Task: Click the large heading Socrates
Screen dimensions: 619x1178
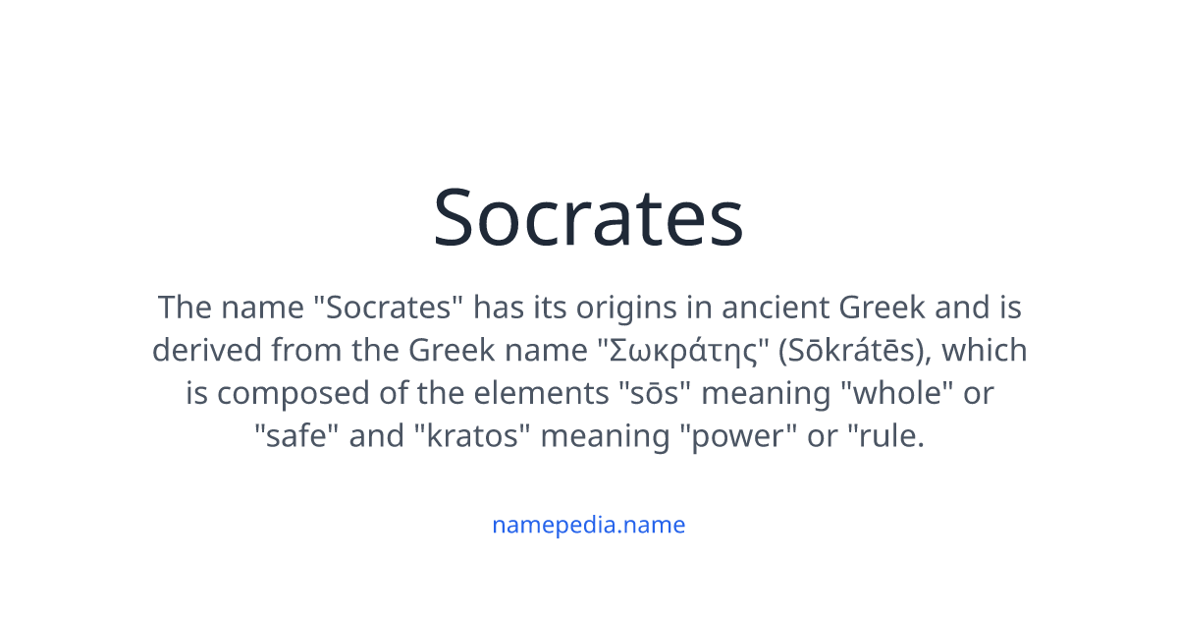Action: (588, 218)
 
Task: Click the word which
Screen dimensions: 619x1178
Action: (984, 351)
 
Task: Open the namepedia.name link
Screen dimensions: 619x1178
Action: (588, 525)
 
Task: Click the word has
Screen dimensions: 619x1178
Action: (495, 308)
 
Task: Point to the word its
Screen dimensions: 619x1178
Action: (546, 308)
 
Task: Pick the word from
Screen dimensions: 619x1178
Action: (305, 351)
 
